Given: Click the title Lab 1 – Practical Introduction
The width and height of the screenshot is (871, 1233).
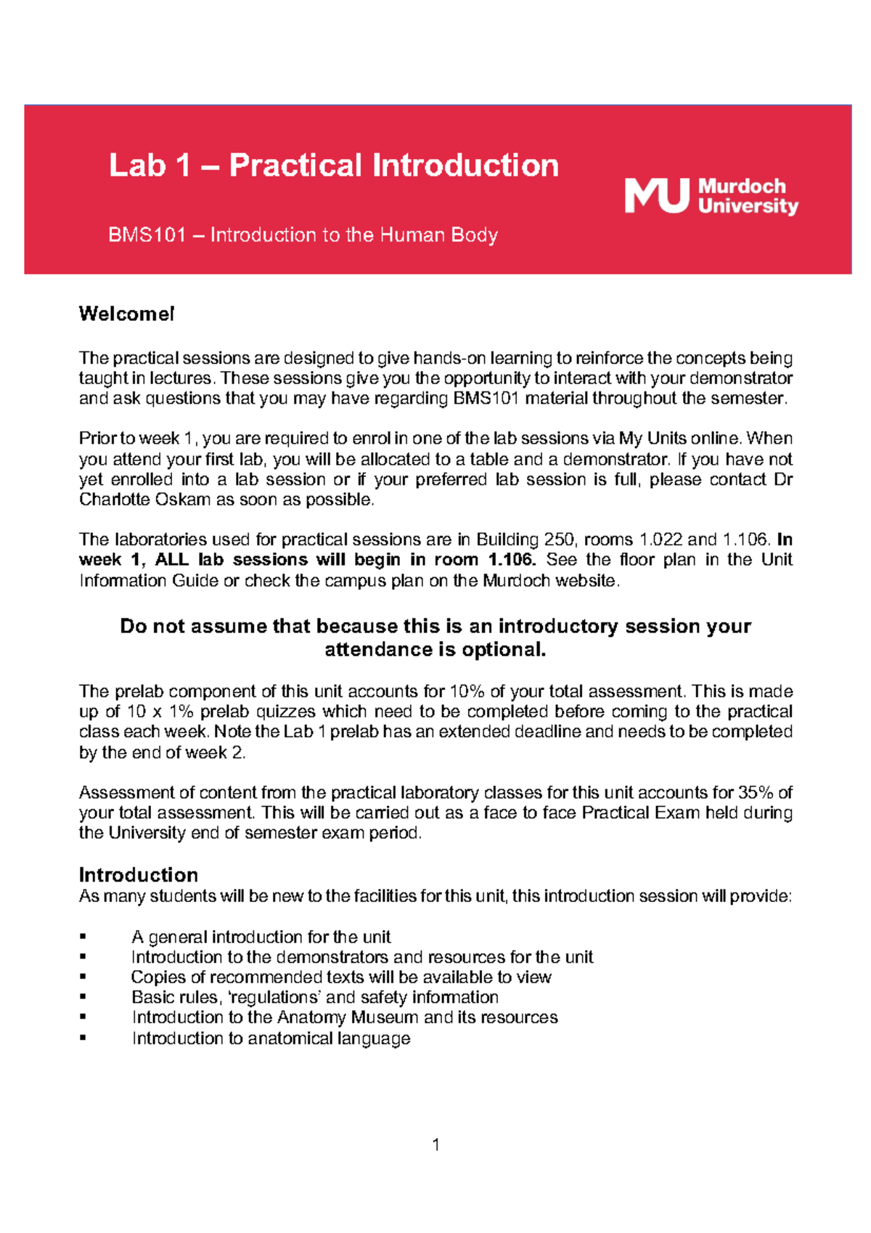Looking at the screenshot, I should point(334,166).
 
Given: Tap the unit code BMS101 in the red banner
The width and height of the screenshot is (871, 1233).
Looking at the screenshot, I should point(147,235).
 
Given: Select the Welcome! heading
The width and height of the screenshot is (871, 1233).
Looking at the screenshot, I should point(126,314).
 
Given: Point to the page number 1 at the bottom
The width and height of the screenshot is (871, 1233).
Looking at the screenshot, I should point(435,1145).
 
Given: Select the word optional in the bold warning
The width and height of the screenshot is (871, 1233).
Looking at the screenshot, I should point(503,649).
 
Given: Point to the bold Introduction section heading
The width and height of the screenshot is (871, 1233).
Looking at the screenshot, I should point(139,874).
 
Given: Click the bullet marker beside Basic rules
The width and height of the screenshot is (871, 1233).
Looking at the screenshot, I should point(83,998).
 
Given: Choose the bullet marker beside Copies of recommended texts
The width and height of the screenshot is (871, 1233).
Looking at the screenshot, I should point(83,977).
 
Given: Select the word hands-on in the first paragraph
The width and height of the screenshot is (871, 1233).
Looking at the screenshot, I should point(449,358).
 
